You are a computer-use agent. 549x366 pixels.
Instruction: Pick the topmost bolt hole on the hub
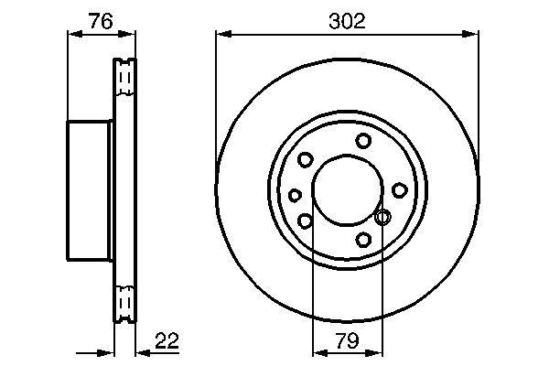(364, 140)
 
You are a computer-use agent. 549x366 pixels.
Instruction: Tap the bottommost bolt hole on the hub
(364, 240)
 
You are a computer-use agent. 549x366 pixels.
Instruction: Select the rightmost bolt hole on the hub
(400, 189)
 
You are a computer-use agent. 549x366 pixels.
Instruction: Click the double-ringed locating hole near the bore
(383, 217)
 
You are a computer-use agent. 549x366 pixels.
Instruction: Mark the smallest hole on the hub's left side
(295, 195)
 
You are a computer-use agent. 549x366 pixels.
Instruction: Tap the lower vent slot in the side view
(124, 303)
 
